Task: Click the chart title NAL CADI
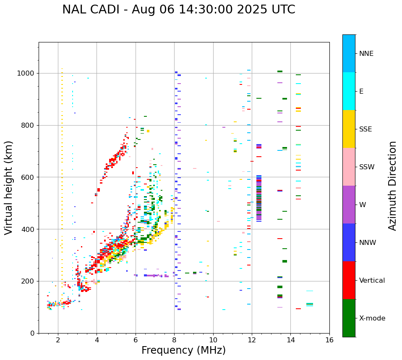coord(90,10)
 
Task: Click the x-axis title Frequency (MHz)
coord(183,350)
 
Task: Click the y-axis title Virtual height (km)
coord(9,188)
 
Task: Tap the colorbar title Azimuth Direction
coord(392,186)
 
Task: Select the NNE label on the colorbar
coord(366,54)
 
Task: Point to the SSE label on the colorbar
coord(365,129)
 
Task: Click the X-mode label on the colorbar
coord(372,318)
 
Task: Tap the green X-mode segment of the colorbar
coord(349,318)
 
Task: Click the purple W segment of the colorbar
coord(349,205)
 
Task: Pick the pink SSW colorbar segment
coord(349,167)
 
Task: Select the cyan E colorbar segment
coord(349,91)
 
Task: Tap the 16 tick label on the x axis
coord(329,340)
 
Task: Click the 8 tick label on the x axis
coord(174,340)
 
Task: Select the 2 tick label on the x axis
coord(58,340)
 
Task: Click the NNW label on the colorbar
coord(368,243)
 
